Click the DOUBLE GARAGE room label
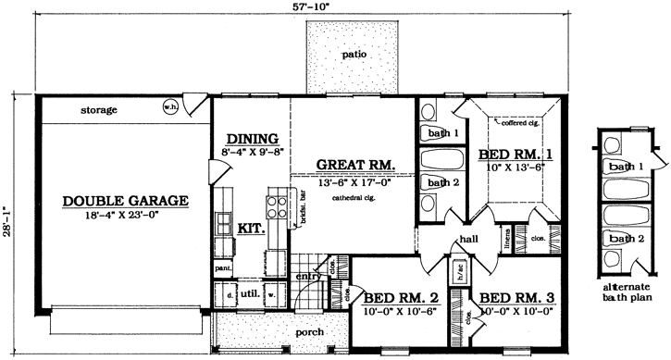pos(126,200)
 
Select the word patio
pos(354,55)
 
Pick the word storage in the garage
pos(98,110)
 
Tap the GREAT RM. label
pos(356,167)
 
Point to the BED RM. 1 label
pos(511,154)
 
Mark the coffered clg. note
pos(521,120)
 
